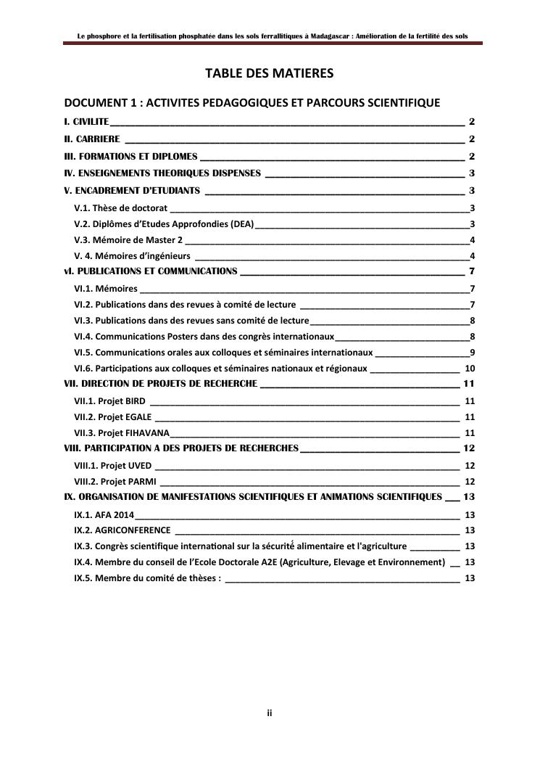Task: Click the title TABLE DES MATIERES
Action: pos(269,73)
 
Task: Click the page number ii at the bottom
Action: pos(269,714)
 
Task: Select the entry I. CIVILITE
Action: pos(86,122)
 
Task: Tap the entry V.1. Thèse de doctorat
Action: pos(121,208)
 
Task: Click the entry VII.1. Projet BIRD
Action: pos(109,401)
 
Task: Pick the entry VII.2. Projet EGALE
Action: pos(113,416)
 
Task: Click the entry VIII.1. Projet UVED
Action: pos(113,465)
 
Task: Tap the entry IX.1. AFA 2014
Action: pos(104,514)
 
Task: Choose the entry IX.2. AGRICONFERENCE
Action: pos(122,530)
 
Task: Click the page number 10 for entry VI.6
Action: pos(469,369)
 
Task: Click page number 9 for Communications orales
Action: pos(472,353)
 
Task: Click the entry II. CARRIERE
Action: pos(92,139)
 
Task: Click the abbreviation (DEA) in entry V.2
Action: pos(242,224)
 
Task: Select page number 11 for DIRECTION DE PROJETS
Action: pos(468,384)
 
